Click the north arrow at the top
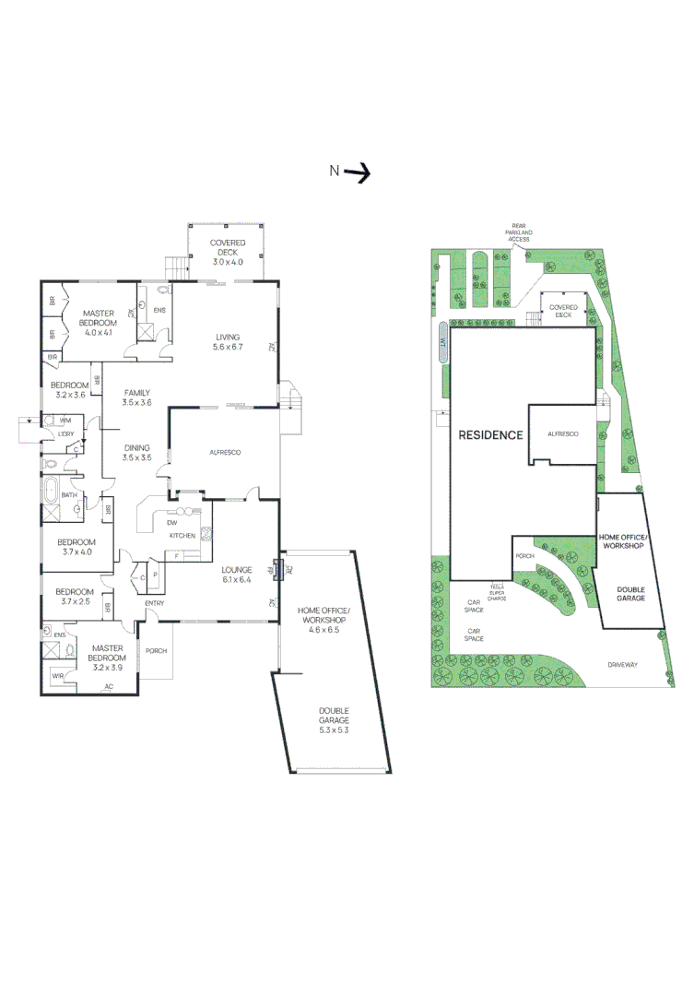coord(357,171)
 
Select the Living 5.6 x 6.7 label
coord(228,341)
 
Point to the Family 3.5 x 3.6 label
coord(136,397)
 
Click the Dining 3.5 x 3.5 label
coord(136,453)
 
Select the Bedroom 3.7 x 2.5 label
coord(75,597)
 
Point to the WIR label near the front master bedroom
coord(57,675)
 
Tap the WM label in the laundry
coord(65,421)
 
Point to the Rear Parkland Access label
coord(520,231)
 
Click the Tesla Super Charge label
coord(499,591)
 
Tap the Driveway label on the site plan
coord(622,665)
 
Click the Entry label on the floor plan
coord(154,604)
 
